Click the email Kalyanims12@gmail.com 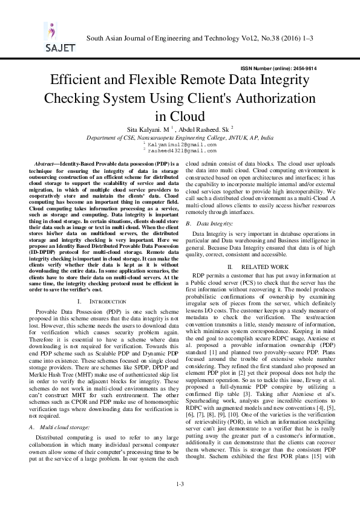click(182, 145)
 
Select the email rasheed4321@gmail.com click(182, 151)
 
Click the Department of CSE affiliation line click(180, 138)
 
